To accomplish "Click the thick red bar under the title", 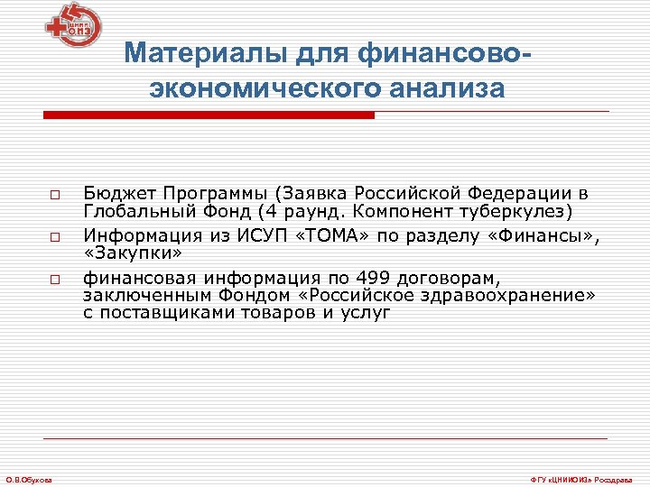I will pyautogui.click(x=209, y=115).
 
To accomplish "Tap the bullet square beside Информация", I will pyautogui.click(x=55, y=238).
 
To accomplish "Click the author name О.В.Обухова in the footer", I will pyautogui.click(x=28, y=478).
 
